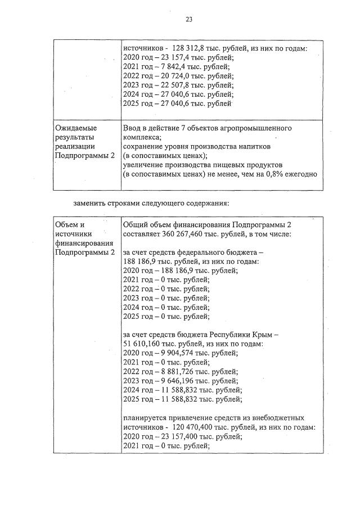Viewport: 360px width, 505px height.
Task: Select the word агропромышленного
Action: tap(258, 128)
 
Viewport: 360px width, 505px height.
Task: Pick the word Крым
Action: tap(265, 335)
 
